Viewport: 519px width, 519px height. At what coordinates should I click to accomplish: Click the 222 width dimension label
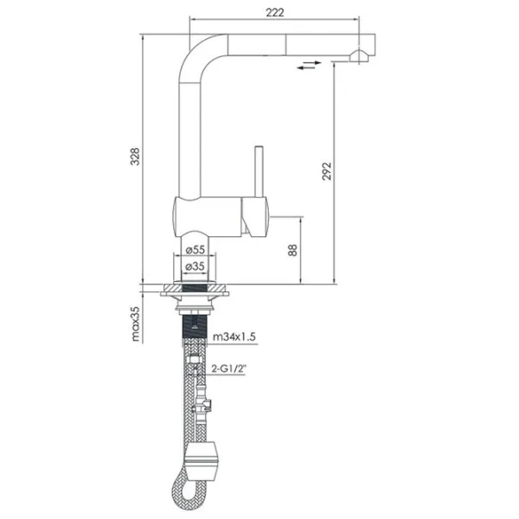click(275, 12)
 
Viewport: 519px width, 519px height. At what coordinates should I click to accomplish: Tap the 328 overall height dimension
click(135, 157)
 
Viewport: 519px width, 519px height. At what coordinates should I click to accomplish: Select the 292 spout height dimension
click(326, 171)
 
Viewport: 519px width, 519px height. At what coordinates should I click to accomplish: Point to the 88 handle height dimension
click(292, 250)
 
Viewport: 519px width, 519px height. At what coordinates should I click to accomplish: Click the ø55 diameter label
click(195, 250)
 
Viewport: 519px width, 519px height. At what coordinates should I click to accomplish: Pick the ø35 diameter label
click(195, 266)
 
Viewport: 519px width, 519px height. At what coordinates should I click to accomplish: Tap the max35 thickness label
click(136, 324)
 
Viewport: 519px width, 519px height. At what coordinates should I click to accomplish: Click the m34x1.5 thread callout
click(234, 337)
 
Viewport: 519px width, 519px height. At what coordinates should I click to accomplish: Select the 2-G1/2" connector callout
click(230, 368)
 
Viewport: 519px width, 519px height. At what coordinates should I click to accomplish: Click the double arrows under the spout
click(309, 65)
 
